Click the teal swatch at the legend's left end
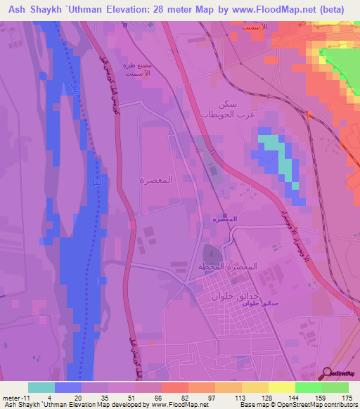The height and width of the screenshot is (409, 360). click(x=41, y=387)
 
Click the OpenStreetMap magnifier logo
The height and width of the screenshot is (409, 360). click(x=328, y=373)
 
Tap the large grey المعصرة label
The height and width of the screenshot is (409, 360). click(x=157, y=180)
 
